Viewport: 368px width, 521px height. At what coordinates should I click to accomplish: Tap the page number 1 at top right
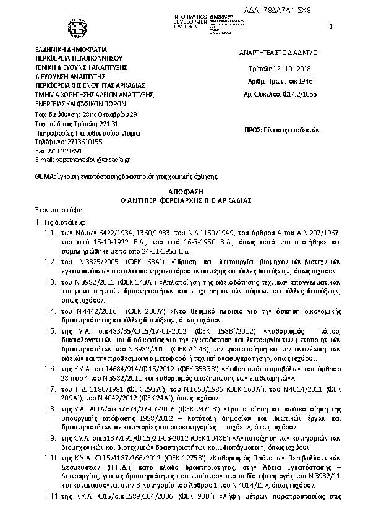(332, 27)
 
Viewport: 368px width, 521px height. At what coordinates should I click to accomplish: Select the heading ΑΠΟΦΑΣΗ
(184, 192)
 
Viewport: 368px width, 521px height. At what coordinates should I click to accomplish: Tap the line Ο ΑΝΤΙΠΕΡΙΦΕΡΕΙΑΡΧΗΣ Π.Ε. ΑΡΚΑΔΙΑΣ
(184, 201)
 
